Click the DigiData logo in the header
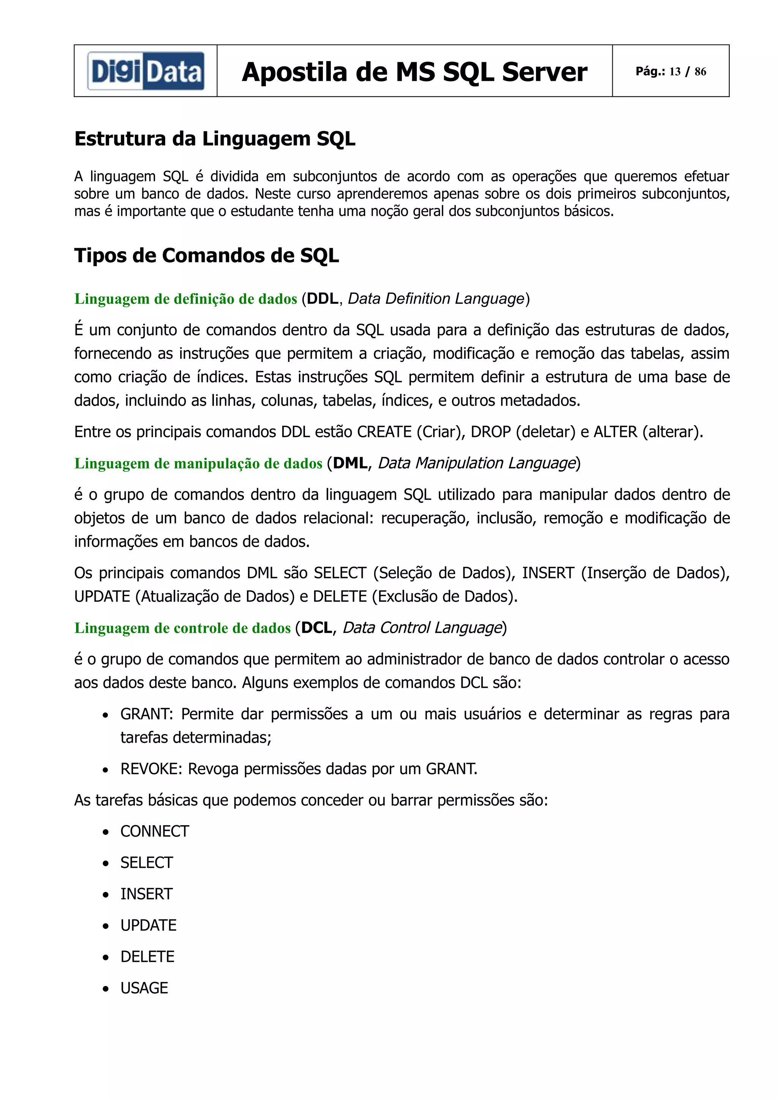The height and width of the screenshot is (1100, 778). (145, 71)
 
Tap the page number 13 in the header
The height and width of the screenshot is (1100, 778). (675, 71)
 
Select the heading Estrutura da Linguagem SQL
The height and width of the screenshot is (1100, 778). (215, 139)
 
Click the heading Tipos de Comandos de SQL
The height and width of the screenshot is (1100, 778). (206, 255)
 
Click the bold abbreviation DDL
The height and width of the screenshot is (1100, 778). (323, 298)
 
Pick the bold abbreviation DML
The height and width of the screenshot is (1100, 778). (350, 463)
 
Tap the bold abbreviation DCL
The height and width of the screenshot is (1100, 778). (317, 627)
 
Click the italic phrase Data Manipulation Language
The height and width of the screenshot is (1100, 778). (476, 463)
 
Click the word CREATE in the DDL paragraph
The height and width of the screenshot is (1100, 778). (384, 432)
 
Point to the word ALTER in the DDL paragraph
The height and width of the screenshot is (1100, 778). (615, 432)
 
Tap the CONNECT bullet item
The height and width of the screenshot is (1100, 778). (154, 831)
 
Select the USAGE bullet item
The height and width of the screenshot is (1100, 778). (144, 988)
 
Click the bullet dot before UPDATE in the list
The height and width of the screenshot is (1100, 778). (106, 926)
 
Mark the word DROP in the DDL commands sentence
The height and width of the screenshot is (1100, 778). (491, 432)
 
